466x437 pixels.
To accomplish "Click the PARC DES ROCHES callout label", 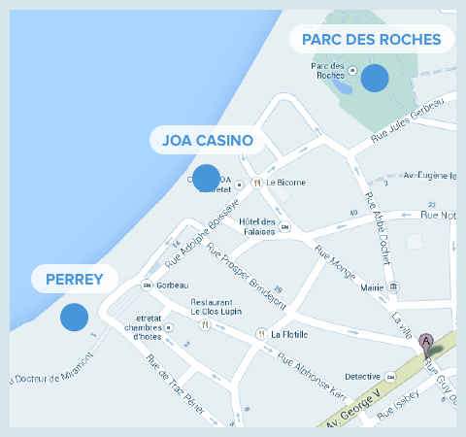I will pos(372,40).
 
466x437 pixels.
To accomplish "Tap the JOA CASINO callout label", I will pos(207,140).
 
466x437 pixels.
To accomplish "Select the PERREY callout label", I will pos(74,279).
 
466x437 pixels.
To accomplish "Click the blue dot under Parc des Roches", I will pos(374,79).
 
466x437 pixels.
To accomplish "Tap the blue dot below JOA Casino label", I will pos(206,178).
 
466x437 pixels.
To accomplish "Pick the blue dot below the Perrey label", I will pos(74,317).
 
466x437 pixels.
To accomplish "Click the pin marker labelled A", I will pos(425,342).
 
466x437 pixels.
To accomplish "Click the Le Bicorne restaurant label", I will pos(285,182).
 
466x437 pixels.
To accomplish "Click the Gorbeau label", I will pos(171,285).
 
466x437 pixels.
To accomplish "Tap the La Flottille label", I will pos(288,334).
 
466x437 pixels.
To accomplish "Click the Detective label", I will pos(363,375).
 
